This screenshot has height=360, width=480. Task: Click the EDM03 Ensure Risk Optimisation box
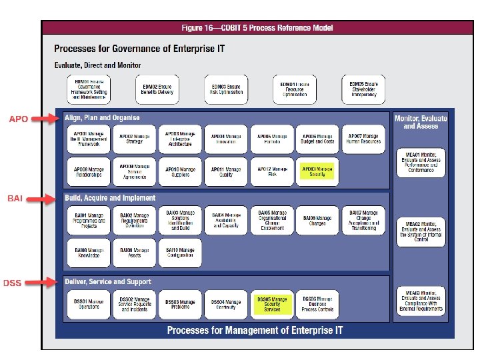[226, 89]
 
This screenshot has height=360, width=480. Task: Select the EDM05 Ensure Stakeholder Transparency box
[364, 89]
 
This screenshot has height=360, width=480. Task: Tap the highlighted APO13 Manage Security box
[317, 172]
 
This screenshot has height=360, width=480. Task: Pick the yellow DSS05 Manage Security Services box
[272, 305]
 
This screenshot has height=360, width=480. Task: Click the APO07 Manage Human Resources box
[364, 139]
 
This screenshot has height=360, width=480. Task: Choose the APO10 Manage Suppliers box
[180, 172]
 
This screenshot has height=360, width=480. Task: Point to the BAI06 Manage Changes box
[317, 221]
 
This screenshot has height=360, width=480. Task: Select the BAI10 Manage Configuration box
[180, 254]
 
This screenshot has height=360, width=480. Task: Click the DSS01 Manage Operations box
[89, 305]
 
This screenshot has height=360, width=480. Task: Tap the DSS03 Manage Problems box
[180, 305]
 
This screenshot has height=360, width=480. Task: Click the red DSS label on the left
[13, 283]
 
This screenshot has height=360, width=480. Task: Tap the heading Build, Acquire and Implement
[110, 198]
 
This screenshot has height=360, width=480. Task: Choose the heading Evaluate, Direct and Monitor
[97, 65]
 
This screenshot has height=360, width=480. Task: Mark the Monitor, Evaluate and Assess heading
[421, 122]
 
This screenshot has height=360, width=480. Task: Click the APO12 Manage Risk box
[272, 172]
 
